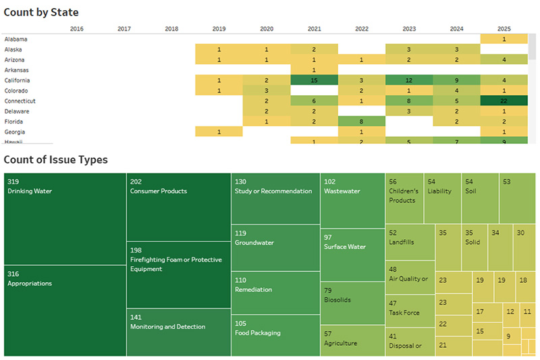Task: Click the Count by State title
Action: pyautogui.click(x=43, y=12)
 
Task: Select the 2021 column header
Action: pyautogui.click(x=314, y=29)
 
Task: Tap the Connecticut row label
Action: pyautogui.click(x=20, y=101)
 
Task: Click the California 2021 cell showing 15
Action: pyautogui.click(x=314, y=80)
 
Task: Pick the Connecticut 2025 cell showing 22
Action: pyautogui.click(x=504, y=101)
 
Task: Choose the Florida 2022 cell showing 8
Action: pyautogui.click(x=361, y=122)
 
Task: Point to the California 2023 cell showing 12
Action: pyautogui.click(x=409, y=80)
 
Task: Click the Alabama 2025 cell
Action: pyautogui.click(x=504, y=39)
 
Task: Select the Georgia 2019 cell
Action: pyautogui.click(x=219, y=132)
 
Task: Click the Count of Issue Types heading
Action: pyautogui.click(x=55, y=160)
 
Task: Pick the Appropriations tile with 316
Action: pyautogui.click(x=65, y=311)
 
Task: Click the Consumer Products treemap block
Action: pyautogui.click(x=178, y=207)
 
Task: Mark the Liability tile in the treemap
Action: pyautogui.click(x=442, y=198)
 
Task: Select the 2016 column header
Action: pyautogui.click(x=77, y=29)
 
